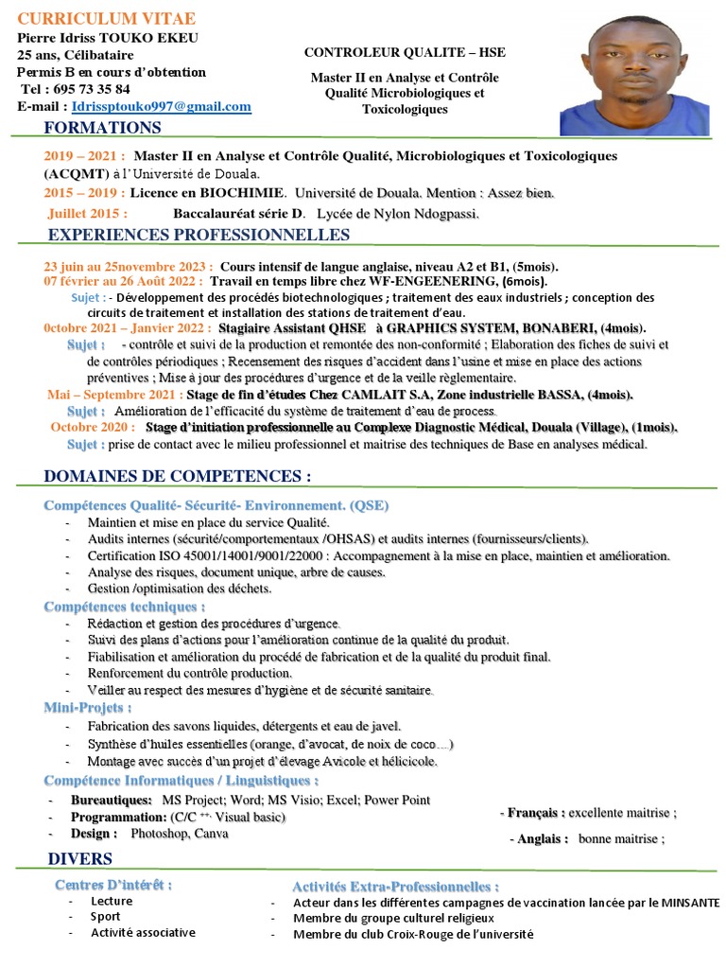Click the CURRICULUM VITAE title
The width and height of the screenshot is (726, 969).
point(107,19)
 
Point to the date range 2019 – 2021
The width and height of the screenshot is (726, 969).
point(84,156)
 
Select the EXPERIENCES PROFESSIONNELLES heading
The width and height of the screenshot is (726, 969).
point(199,235)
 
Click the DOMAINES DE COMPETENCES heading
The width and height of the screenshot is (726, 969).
point(178,475)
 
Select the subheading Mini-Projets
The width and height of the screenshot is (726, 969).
point(88,708)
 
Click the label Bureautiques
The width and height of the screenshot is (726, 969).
point(112,800)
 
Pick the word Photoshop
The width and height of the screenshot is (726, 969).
point(160,834)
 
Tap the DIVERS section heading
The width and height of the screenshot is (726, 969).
point(79,859)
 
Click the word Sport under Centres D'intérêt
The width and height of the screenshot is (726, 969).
point(106,916)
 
